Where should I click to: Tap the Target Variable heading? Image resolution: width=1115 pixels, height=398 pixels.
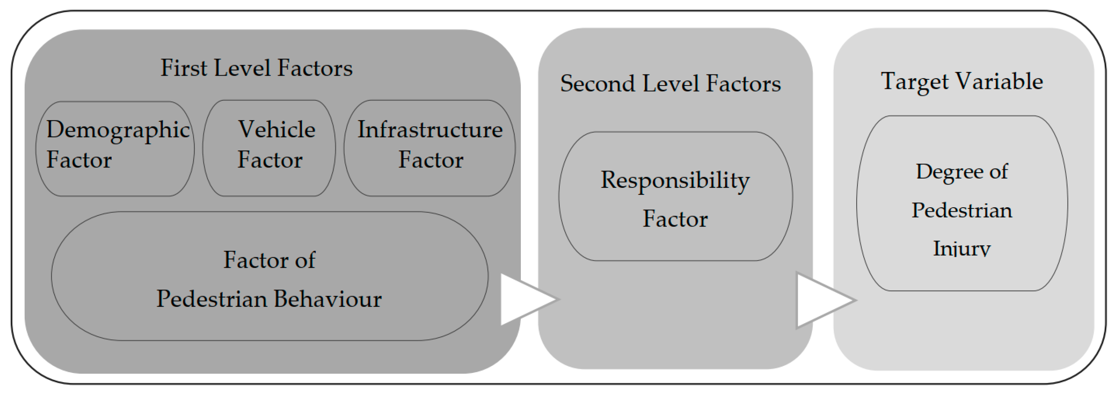pyautogui.click(x=962, y=81)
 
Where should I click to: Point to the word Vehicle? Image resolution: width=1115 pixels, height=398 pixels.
pyautogui.click(x=276, y=129)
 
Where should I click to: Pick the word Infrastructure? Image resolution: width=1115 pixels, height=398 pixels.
pyautogui.click(x=430, y=129)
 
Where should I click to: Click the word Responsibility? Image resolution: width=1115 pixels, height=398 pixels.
pyautogui.click(x=675, y=180)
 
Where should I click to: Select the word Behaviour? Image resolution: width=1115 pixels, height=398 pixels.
pyautogui.click(x=328, y=299)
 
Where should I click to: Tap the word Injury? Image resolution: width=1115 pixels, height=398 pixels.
pyautogui.click(x=962, y=248)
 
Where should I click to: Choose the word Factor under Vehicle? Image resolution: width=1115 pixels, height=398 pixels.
pyautogui.click(x=270, y=159)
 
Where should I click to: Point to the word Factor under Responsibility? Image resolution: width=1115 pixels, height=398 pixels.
pyautogui.click(x=675, y=218)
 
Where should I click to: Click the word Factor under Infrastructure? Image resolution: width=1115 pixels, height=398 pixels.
pyautogui.click(x=431, y=159)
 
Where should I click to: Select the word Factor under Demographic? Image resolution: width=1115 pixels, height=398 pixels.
pyautogui.click(x=79, y=159)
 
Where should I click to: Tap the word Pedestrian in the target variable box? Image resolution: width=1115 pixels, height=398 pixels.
pyautogui.click(x=962, y=211)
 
